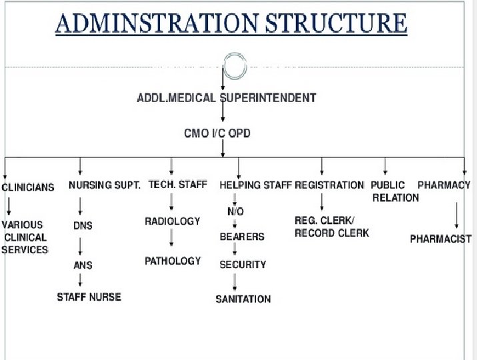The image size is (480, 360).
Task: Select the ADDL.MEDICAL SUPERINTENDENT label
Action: pyautogui.click(x=226, y=98)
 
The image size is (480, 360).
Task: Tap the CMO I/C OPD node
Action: pyautogui.click(x=217, y=133)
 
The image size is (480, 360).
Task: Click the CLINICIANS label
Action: pyautogui.click(x=27, y=187)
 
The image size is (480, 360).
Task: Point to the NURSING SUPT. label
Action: pyautogui.click(x=104, y=185)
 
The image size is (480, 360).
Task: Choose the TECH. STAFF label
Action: pyautogui.click(x=177, y=184)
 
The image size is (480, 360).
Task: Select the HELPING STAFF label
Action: pyautogui.click(x=255, y=185)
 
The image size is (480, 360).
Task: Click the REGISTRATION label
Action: pyautogui.click(x=329, y=185)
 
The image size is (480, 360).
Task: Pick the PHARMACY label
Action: pyautogui.click(x=444, y=185)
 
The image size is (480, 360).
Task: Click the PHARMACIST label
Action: pyautogui.click(x=441, y=239)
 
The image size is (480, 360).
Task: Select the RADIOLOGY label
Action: pyautogui.click(x=173, y=221)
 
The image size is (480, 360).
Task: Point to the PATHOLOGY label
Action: pyautogui.click(x=173, y=261)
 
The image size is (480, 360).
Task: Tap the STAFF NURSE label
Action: pyautogui.click(x=89, y=297)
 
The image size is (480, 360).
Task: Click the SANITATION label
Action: pyautogui.click(x=243, y=299)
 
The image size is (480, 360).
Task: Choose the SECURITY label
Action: pyautogui.click(x=243, y=265)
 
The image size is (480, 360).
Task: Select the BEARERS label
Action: pyautogui.click(x=242, y=237)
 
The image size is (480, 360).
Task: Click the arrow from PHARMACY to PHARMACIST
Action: pyautogui.click(x=457, y=215)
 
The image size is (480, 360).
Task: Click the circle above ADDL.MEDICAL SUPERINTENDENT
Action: pyautogui.click(x=235, y=67)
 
